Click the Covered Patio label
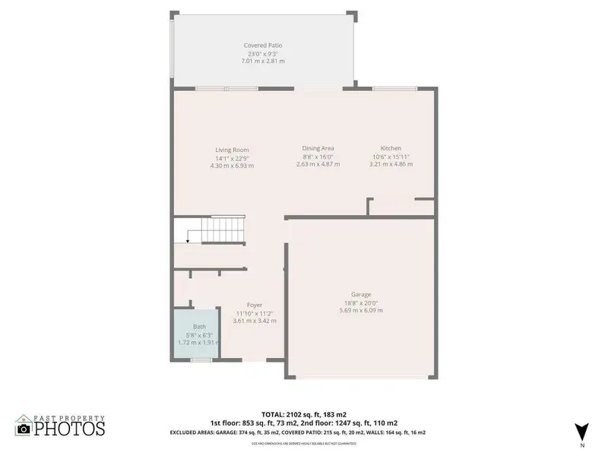point(264,46)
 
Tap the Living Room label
point(232,150)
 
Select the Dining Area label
point(318,148)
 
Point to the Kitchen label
point(391,148)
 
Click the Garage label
point(361,294)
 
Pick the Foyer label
point(255,305)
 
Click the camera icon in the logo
point(24,429)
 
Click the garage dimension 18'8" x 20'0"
point(361,302)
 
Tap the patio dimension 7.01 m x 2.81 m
point(264,62)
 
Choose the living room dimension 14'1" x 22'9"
point(232,157)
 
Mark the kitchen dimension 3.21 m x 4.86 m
point(391,164)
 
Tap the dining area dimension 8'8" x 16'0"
point(318,157)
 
